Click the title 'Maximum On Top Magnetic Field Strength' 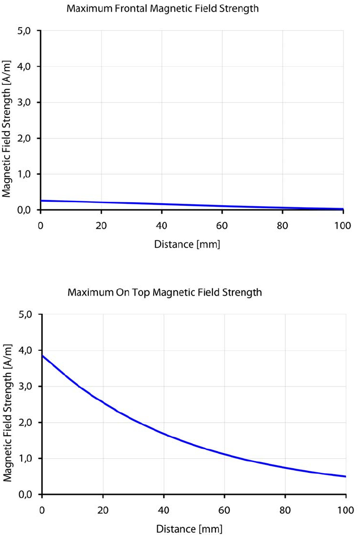164,292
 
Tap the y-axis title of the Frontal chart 7,120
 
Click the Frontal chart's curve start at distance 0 41,201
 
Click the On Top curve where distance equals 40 164,433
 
